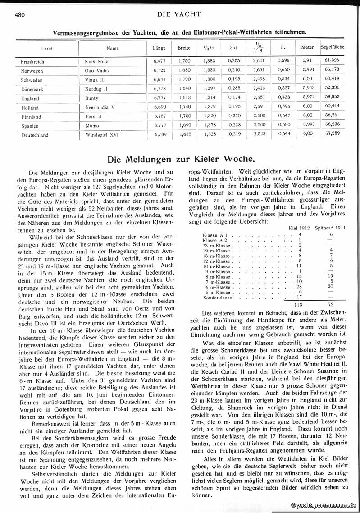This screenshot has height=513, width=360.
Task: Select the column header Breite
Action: pos(183,47)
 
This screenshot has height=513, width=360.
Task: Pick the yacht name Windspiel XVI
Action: pos(102,135)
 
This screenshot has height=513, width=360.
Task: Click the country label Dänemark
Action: pos(32,89)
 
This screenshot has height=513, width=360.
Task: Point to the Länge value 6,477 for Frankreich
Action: pos(160,61)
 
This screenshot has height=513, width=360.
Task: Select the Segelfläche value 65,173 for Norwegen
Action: pos(332,70)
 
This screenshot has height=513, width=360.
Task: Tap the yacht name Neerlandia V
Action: pos(100,108)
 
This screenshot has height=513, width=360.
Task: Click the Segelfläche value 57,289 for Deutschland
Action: pos(332,134)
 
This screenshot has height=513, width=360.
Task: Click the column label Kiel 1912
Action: pos(299,228)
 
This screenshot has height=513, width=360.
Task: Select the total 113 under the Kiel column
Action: pos(298,305)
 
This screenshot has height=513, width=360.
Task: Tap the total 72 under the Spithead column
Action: pos(331,305)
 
